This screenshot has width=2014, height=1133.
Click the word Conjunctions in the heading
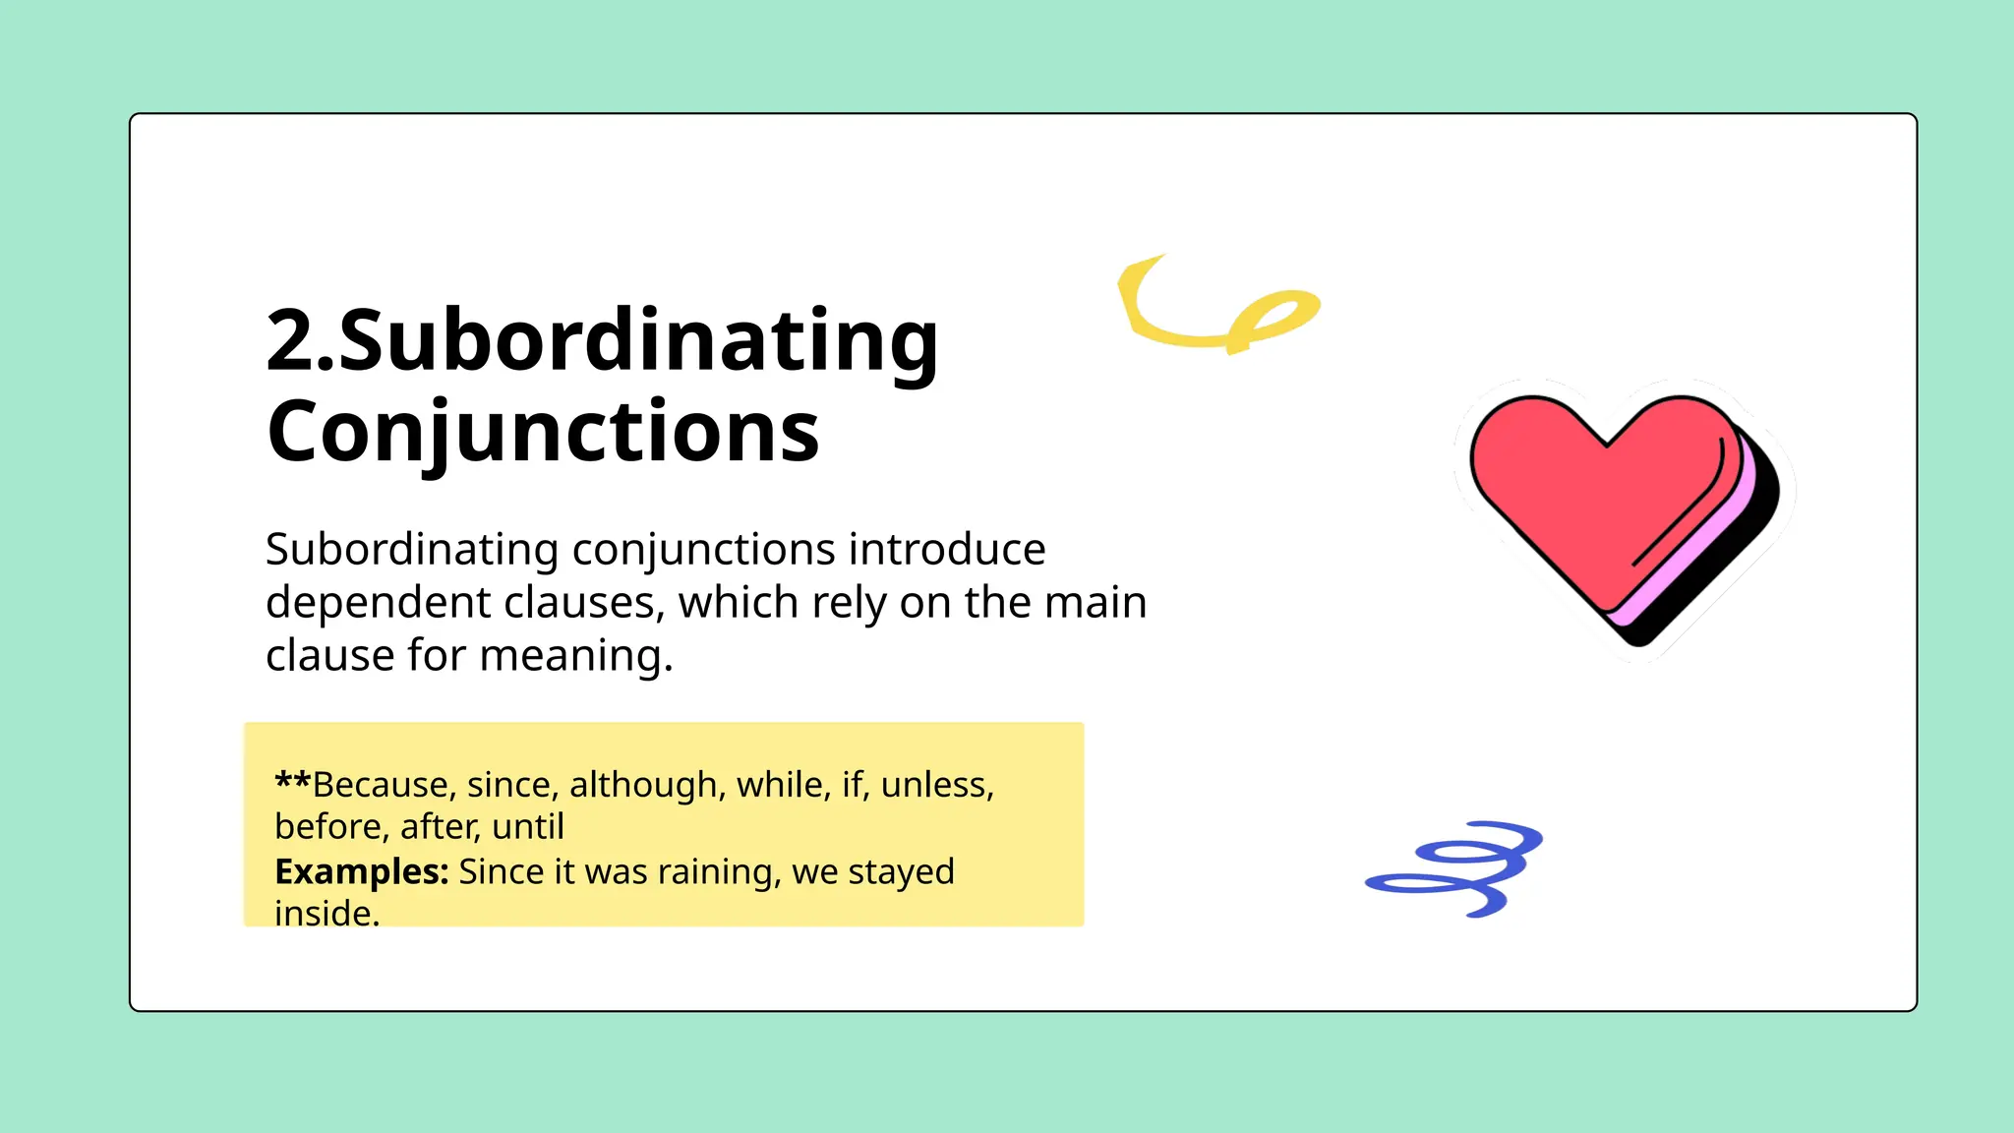(543, 432)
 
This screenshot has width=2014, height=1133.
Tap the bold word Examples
(361, 871)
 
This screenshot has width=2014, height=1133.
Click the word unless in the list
(937, 785)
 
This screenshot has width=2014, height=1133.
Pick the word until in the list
(528, 827)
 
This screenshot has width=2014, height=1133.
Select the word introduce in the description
(946, 549)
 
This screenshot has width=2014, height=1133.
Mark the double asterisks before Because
(292, 783)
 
